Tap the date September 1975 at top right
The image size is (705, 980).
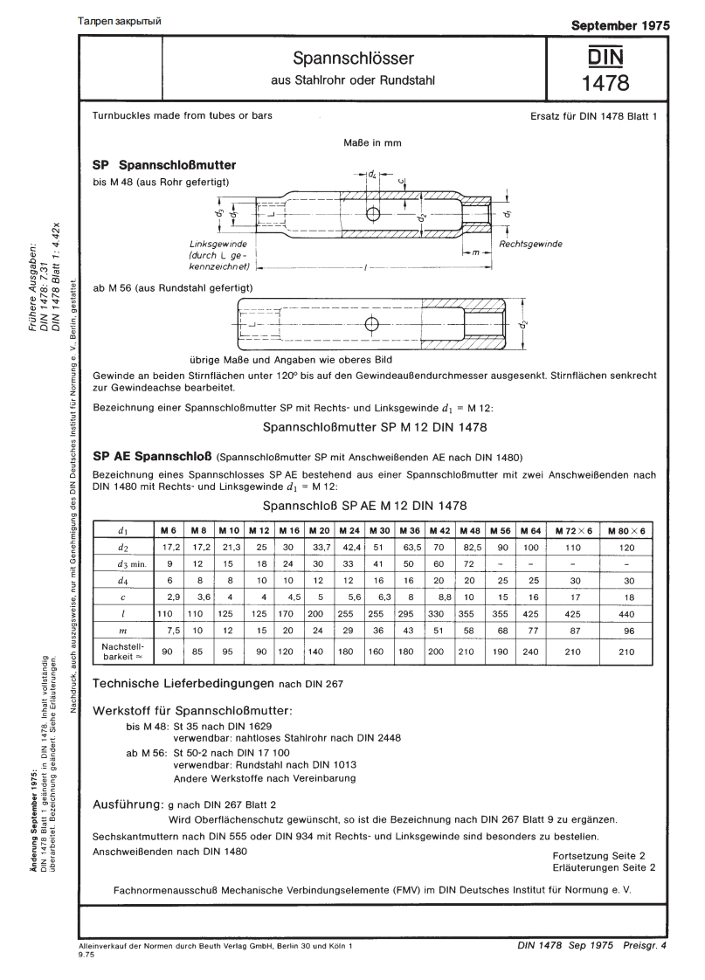point(620,24)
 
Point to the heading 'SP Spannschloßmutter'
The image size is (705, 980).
point(164,163)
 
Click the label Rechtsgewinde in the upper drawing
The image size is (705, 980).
point(530,244)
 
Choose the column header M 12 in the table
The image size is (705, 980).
point(259,530)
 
